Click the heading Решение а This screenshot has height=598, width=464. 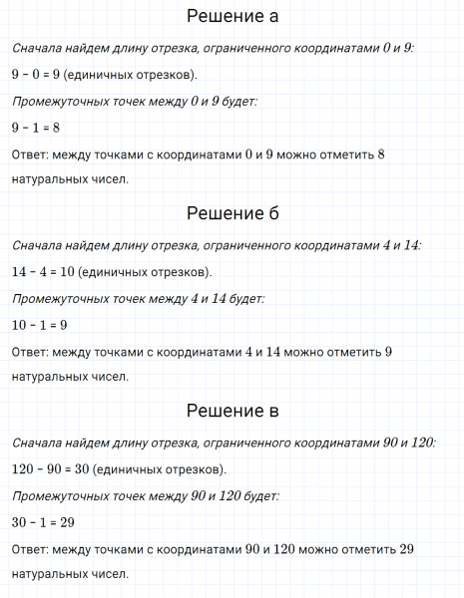pyautogui.click(x=232, y=17)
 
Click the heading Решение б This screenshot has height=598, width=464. pyautogui.click(x=232, y=214)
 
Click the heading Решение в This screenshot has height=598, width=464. pyautogui.click(x=232, y=411)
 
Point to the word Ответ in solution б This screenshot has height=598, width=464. pyautogui.click(x=32, y=351)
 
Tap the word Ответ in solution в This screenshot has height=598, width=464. pyautogui.click(x=32, y=548)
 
